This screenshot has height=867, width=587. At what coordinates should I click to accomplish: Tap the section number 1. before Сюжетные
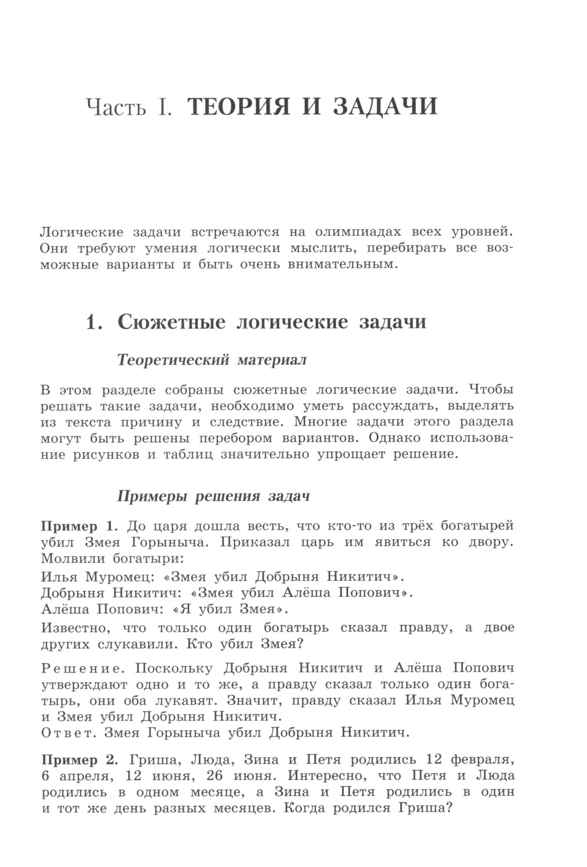[x=95, y=322]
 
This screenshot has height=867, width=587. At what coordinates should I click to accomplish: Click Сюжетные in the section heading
[x=172, y=323]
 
